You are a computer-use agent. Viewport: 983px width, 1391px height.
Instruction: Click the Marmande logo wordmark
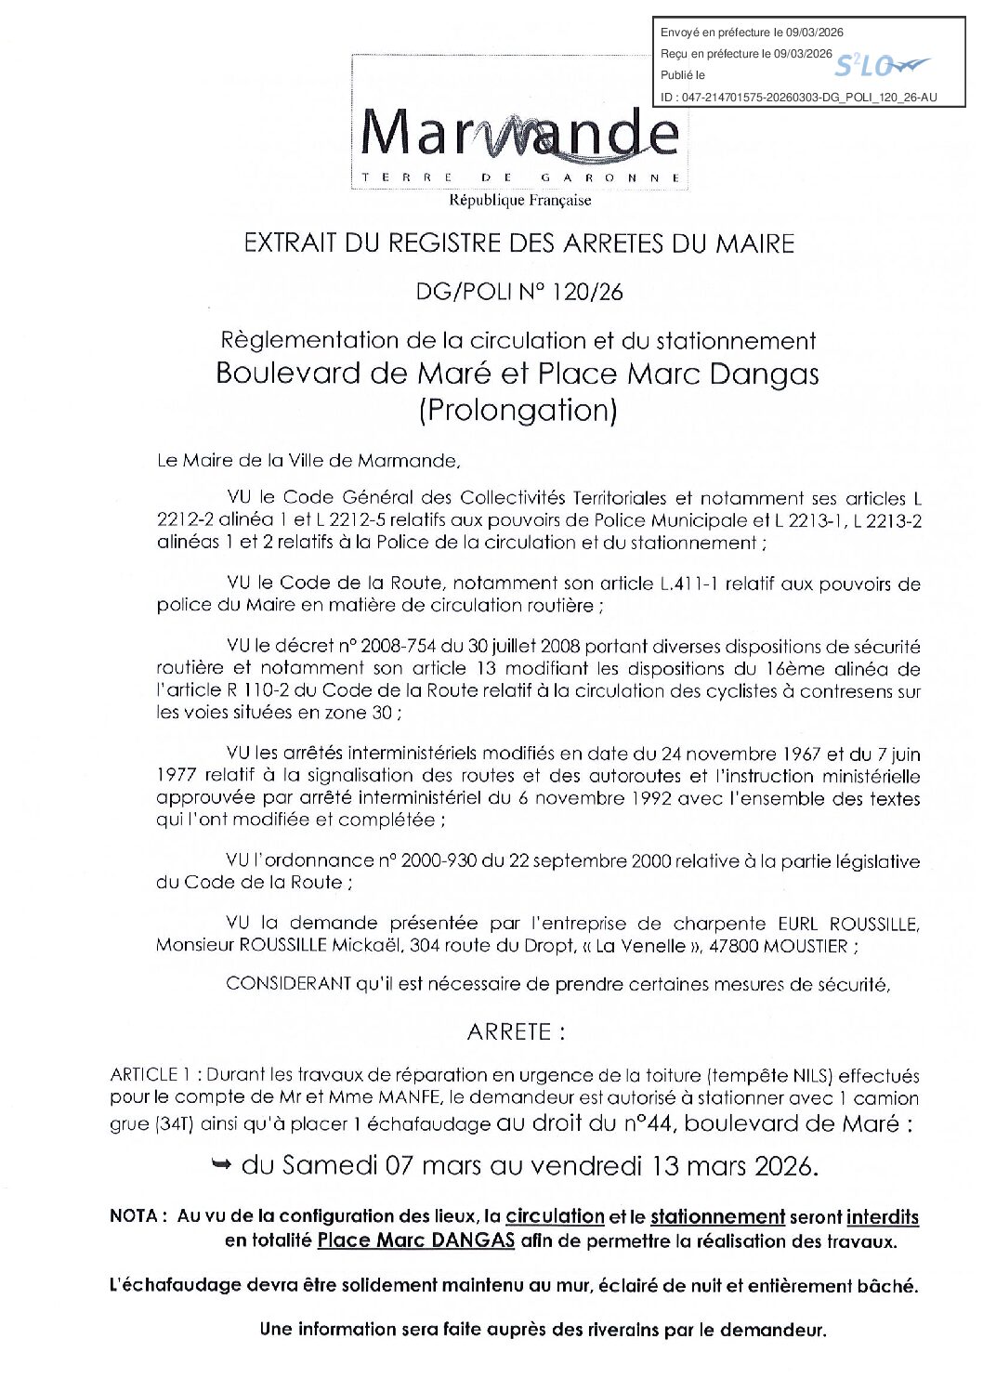pos(518,134)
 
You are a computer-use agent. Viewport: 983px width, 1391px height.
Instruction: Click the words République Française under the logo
pos(519,200)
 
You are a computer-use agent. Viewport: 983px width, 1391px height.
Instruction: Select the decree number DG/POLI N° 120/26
pos(519,292)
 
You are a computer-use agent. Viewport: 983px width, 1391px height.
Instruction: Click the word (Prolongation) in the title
pos(518,410)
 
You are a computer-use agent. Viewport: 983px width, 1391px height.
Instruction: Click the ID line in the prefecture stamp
pos(798,97)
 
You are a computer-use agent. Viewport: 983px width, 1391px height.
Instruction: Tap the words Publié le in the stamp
pos(683,75)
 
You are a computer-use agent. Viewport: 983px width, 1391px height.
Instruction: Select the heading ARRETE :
pos(516,1032)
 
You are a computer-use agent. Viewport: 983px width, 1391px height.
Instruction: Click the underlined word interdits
pos(882,1217)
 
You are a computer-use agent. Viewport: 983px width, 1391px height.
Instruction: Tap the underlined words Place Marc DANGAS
pos(415,1240)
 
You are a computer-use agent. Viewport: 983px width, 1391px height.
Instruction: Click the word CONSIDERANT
pos(288,984)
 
